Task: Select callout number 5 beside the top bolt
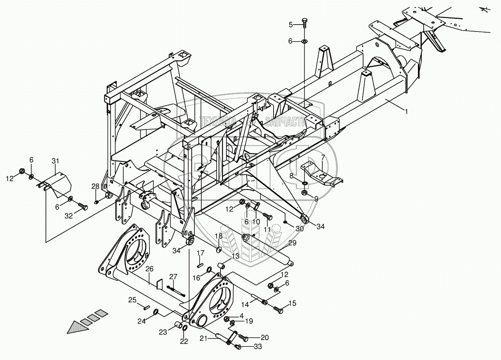tap(291, 25)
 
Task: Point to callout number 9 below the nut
tap(316, 199)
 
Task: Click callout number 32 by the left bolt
tap(68, 216)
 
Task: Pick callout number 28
tap(95, 186)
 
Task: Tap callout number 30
tap(299, 228)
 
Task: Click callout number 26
tap(149, 269)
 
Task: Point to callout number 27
tap(174, 276)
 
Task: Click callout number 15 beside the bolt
tap(292, 304)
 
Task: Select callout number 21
tap(204, 338)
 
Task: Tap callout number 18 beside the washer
tap(219, 236)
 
